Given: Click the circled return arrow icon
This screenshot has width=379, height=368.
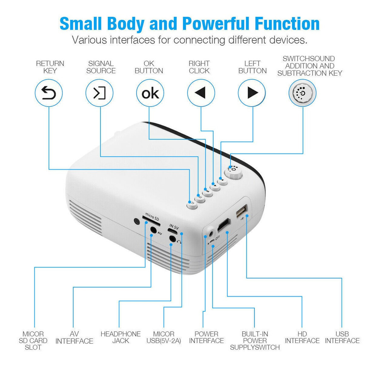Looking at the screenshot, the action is coord(49,93).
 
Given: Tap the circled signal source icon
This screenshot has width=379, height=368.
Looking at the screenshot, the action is coord(99,93).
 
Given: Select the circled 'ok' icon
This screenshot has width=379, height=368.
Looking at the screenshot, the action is coord(150,93).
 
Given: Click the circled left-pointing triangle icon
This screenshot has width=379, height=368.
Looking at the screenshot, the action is coord(201,93).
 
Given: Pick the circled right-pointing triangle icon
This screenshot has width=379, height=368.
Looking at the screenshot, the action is coord(252,93).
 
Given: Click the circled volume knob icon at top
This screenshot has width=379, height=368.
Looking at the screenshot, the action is coord(303,93).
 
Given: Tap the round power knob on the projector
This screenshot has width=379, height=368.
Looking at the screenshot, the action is coord(233,172).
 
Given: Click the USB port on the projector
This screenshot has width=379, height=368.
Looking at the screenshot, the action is coord(242,211).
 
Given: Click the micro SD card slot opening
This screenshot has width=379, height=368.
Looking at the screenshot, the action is coord(151,221).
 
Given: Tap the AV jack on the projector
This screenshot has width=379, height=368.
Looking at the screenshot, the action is coord(153,230).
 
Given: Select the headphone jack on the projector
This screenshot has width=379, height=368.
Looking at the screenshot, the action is coord(172,238).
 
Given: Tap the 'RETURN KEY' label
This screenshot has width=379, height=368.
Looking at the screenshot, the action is coord(50,67).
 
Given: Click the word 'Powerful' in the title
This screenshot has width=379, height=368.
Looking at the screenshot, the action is coord(216,24).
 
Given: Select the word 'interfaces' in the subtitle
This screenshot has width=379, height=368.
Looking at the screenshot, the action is coord(132,40).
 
